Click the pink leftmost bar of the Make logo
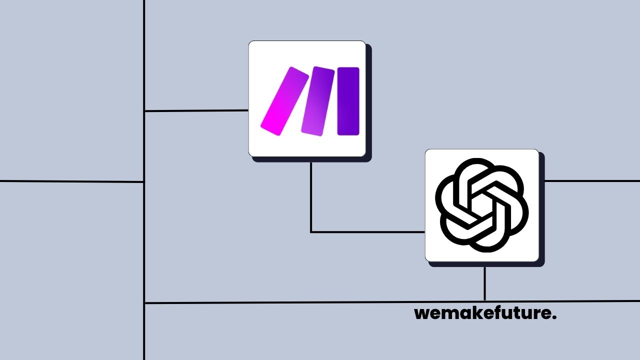click(284, 101)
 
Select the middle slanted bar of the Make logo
click(317, 100)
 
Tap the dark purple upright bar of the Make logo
click(348, 101)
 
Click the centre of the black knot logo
click(482, 205)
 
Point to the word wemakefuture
click(485, 314)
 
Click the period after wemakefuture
click(554, 318)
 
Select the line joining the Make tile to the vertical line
click(196, 110)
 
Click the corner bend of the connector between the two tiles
click(311, 232)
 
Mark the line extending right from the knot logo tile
click(592, 181)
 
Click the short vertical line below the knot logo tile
click(484, 283)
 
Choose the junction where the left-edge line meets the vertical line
click(144, 182)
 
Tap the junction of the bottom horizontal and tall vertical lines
click(144, 303)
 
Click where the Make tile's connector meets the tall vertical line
click(144, 111)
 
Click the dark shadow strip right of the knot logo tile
click(542, 210)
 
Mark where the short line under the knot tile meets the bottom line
click(484, 301)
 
